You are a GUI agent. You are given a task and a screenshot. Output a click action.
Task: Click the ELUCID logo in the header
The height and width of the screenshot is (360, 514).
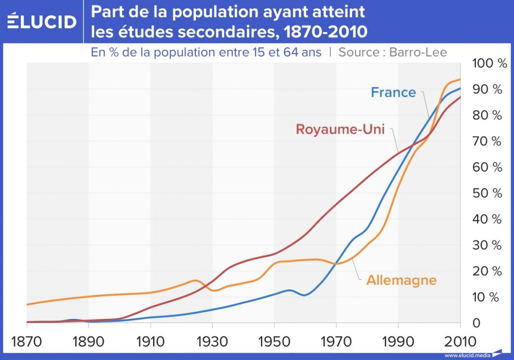click(x=42, y=21)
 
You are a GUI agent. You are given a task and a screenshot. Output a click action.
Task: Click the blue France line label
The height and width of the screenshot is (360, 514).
click(x=393, y=93)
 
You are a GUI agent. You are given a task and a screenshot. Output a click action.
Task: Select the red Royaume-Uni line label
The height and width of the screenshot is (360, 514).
click(x=340, y=129)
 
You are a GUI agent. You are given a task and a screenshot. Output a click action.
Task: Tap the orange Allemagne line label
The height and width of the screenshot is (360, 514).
click(x=401, y=280)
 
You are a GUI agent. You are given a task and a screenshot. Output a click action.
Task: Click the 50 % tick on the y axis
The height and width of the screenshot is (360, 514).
click(x=486, y=193)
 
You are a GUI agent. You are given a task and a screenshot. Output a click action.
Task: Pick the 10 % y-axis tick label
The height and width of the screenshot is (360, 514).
click(x=486, y=297)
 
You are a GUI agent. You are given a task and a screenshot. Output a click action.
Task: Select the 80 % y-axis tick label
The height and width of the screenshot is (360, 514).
click(x=486, y=116)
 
